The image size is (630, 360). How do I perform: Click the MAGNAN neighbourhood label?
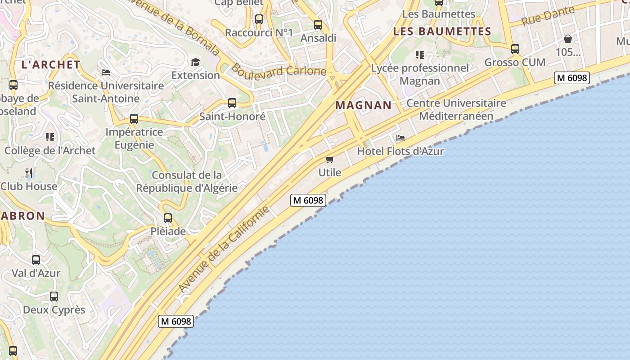click(364, 105)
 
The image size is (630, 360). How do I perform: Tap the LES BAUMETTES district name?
click(442, 31)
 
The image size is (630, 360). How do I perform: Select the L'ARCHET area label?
click(51, 65)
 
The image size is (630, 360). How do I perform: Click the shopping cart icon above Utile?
click(330, 159)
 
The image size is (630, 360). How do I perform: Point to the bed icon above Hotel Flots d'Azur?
click(400, 138)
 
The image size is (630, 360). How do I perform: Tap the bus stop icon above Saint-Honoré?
click(232, 103)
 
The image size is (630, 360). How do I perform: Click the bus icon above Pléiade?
click(168, 218)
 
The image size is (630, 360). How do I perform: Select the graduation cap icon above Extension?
click(195, 62)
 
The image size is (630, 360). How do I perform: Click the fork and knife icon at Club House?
click(29, 173)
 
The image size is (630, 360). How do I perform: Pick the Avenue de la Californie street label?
click(224, 249)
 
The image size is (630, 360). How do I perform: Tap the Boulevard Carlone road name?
click(279, 70)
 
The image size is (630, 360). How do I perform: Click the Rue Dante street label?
click(548, 16)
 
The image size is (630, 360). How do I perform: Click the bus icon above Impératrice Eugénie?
click(134, 119)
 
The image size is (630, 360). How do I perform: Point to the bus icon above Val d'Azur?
click(36, 260)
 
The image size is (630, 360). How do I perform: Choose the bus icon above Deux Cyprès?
click(54, 297)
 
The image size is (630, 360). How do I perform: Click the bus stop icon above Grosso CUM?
click(515, 49)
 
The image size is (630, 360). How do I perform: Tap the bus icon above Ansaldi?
click(318, 25)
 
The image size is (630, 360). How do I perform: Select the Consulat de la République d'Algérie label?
click(187, 181)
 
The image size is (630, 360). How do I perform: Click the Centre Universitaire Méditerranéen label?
click(456, 109)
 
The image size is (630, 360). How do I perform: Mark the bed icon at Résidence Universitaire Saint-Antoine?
click(106, 72)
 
